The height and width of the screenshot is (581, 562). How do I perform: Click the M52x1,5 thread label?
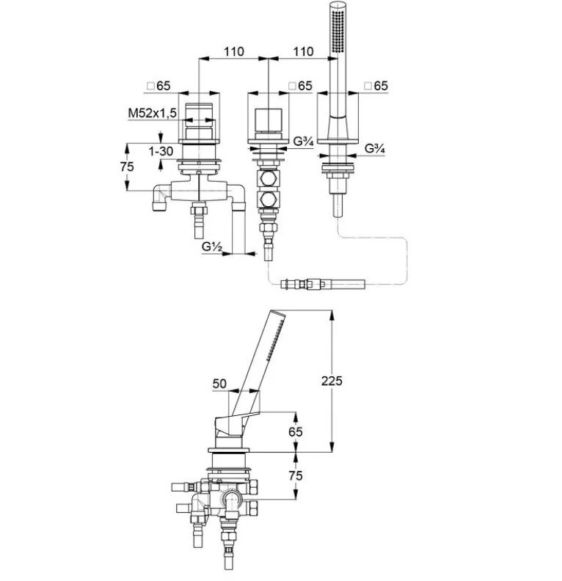point(152,113)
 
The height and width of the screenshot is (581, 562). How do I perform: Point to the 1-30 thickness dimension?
point(161,151)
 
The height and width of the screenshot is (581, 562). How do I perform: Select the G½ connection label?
point(212,246)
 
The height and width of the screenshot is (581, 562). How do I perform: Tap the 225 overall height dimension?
point(332,381)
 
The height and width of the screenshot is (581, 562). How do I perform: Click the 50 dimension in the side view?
point(219,383)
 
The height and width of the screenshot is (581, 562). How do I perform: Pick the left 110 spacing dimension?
point(234,51)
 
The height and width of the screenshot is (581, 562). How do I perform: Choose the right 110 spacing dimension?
point(303,51)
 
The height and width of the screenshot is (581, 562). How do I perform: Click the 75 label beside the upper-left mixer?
point(127,167)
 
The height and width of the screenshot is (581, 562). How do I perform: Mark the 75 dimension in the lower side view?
point(295,475)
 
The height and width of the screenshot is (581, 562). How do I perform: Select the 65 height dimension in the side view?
point(295,431)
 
